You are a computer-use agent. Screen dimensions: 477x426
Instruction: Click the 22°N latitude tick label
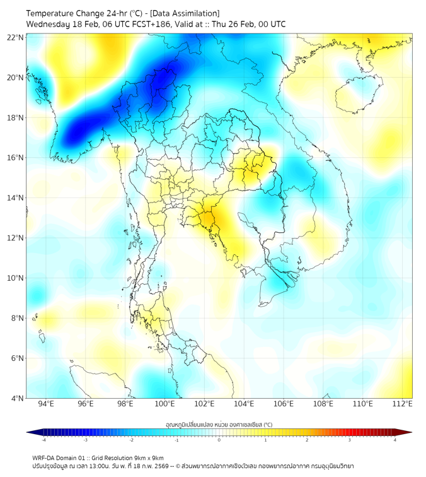click(16, 37)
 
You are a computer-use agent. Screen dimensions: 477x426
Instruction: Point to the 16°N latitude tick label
click(16, 158)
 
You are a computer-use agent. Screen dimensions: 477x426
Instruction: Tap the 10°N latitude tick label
click(16, 278)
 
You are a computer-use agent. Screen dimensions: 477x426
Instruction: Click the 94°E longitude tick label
click(46, 404)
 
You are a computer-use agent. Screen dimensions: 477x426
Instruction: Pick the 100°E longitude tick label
click(164, 404)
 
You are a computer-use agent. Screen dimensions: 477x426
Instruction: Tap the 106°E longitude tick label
click(284, 404)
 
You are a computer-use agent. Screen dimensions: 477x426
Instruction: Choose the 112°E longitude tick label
click(402, 404)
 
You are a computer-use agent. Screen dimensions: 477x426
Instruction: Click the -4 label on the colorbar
click(43, 440)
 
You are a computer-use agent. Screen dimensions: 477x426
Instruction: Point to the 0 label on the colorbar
click(219, 440)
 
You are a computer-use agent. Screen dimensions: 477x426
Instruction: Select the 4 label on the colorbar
click(395, 440)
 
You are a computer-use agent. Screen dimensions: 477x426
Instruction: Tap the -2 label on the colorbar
click(130, 440)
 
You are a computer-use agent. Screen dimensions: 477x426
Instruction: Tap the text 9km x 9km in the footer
click(150, 457)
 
